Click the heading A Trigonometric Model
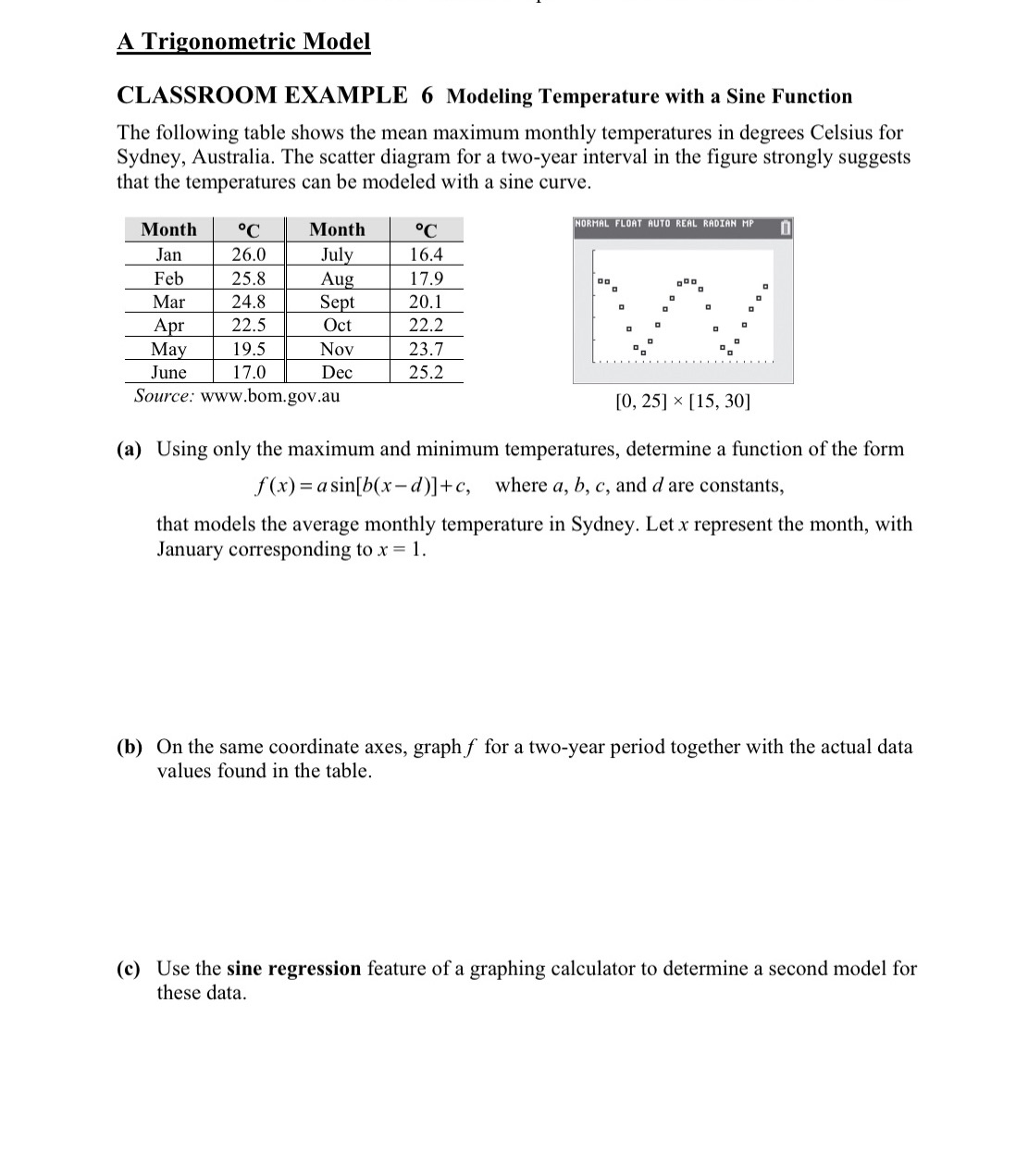[x=243, y=42]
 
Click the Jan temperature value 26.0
[x=248, y=254]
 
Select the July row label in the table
[x=336, y=254]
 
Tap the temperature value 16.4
[x=426, y=254]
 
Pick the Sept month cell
[x=336, y=302]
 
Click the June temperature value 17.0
[x=248, y=372]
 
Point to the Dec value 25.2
[x=426, y=372]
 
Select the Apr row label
[x=168, y=325]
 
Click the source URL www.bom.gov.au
[x=270, y=396]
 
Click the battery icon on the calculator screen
[x=785, y=227]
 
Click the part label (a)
[x=130, y=450]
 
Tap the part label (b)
[x=130, y=747]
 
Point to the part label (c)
[x=130, y=969]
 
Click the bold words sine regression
[x=293, y=969]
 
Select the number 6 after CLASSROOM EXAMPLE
[x=427, y=95]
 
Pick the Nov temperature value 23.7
[x=426, y=349]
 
